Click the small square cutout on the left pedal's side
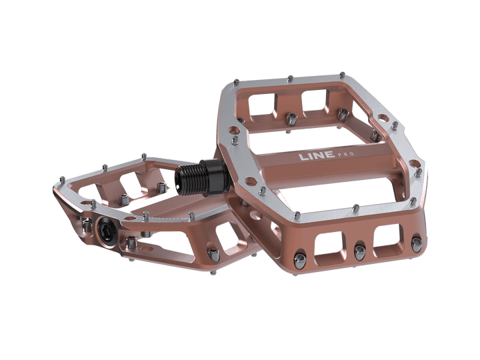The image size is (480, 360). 223,235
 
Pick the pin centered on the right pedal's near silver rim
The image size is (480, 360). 347,203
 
